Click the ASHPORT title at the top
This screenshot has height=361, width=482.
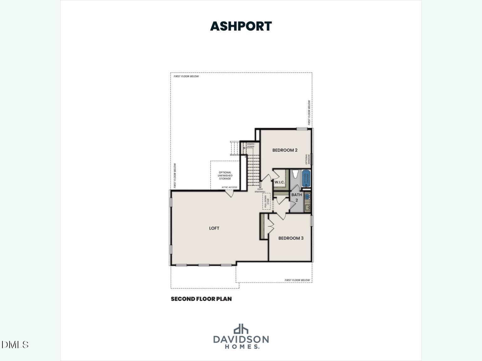point(241,26)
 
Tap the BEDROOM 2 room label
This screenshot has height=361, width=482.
point(285,150)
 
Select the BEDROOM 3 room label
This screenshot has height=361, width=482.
point(291,238)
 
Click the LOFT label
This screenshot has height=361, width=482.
point(214,228)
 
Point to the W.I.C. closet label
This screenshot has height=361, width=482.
point(279,182)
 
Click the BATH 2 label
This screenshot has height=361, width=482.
point(297,197)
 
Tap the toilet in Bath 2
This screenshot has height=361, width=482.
point(295,174)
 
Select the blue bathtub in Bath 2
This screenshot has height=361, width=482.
point(306,178)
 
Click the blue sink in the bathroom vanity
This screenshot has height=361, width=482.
point(307,197)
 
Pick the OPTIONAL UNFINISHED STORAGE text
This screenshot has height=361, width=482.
point(225,175)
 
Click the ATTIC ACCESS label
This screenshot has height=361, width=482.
point(229,187)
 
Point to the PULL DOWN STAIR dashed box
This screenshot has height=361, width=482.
point(266,201)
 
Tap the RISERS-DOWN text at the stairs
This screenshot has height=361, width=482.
point(250,145)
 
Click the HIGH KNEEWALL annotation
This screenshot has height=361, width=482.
point(260,191)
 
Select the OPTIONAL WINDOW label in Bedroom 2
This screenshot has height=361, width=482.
point(308,159)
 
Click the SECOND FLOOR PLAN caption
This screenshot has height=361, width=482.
point(201,299)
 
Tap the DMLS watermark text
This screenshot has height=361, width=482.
point(15,345)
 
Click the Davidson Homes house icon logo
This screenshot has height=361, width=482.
point(241,329)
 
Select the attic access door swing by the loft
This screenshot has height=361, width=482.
point(230,194)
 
